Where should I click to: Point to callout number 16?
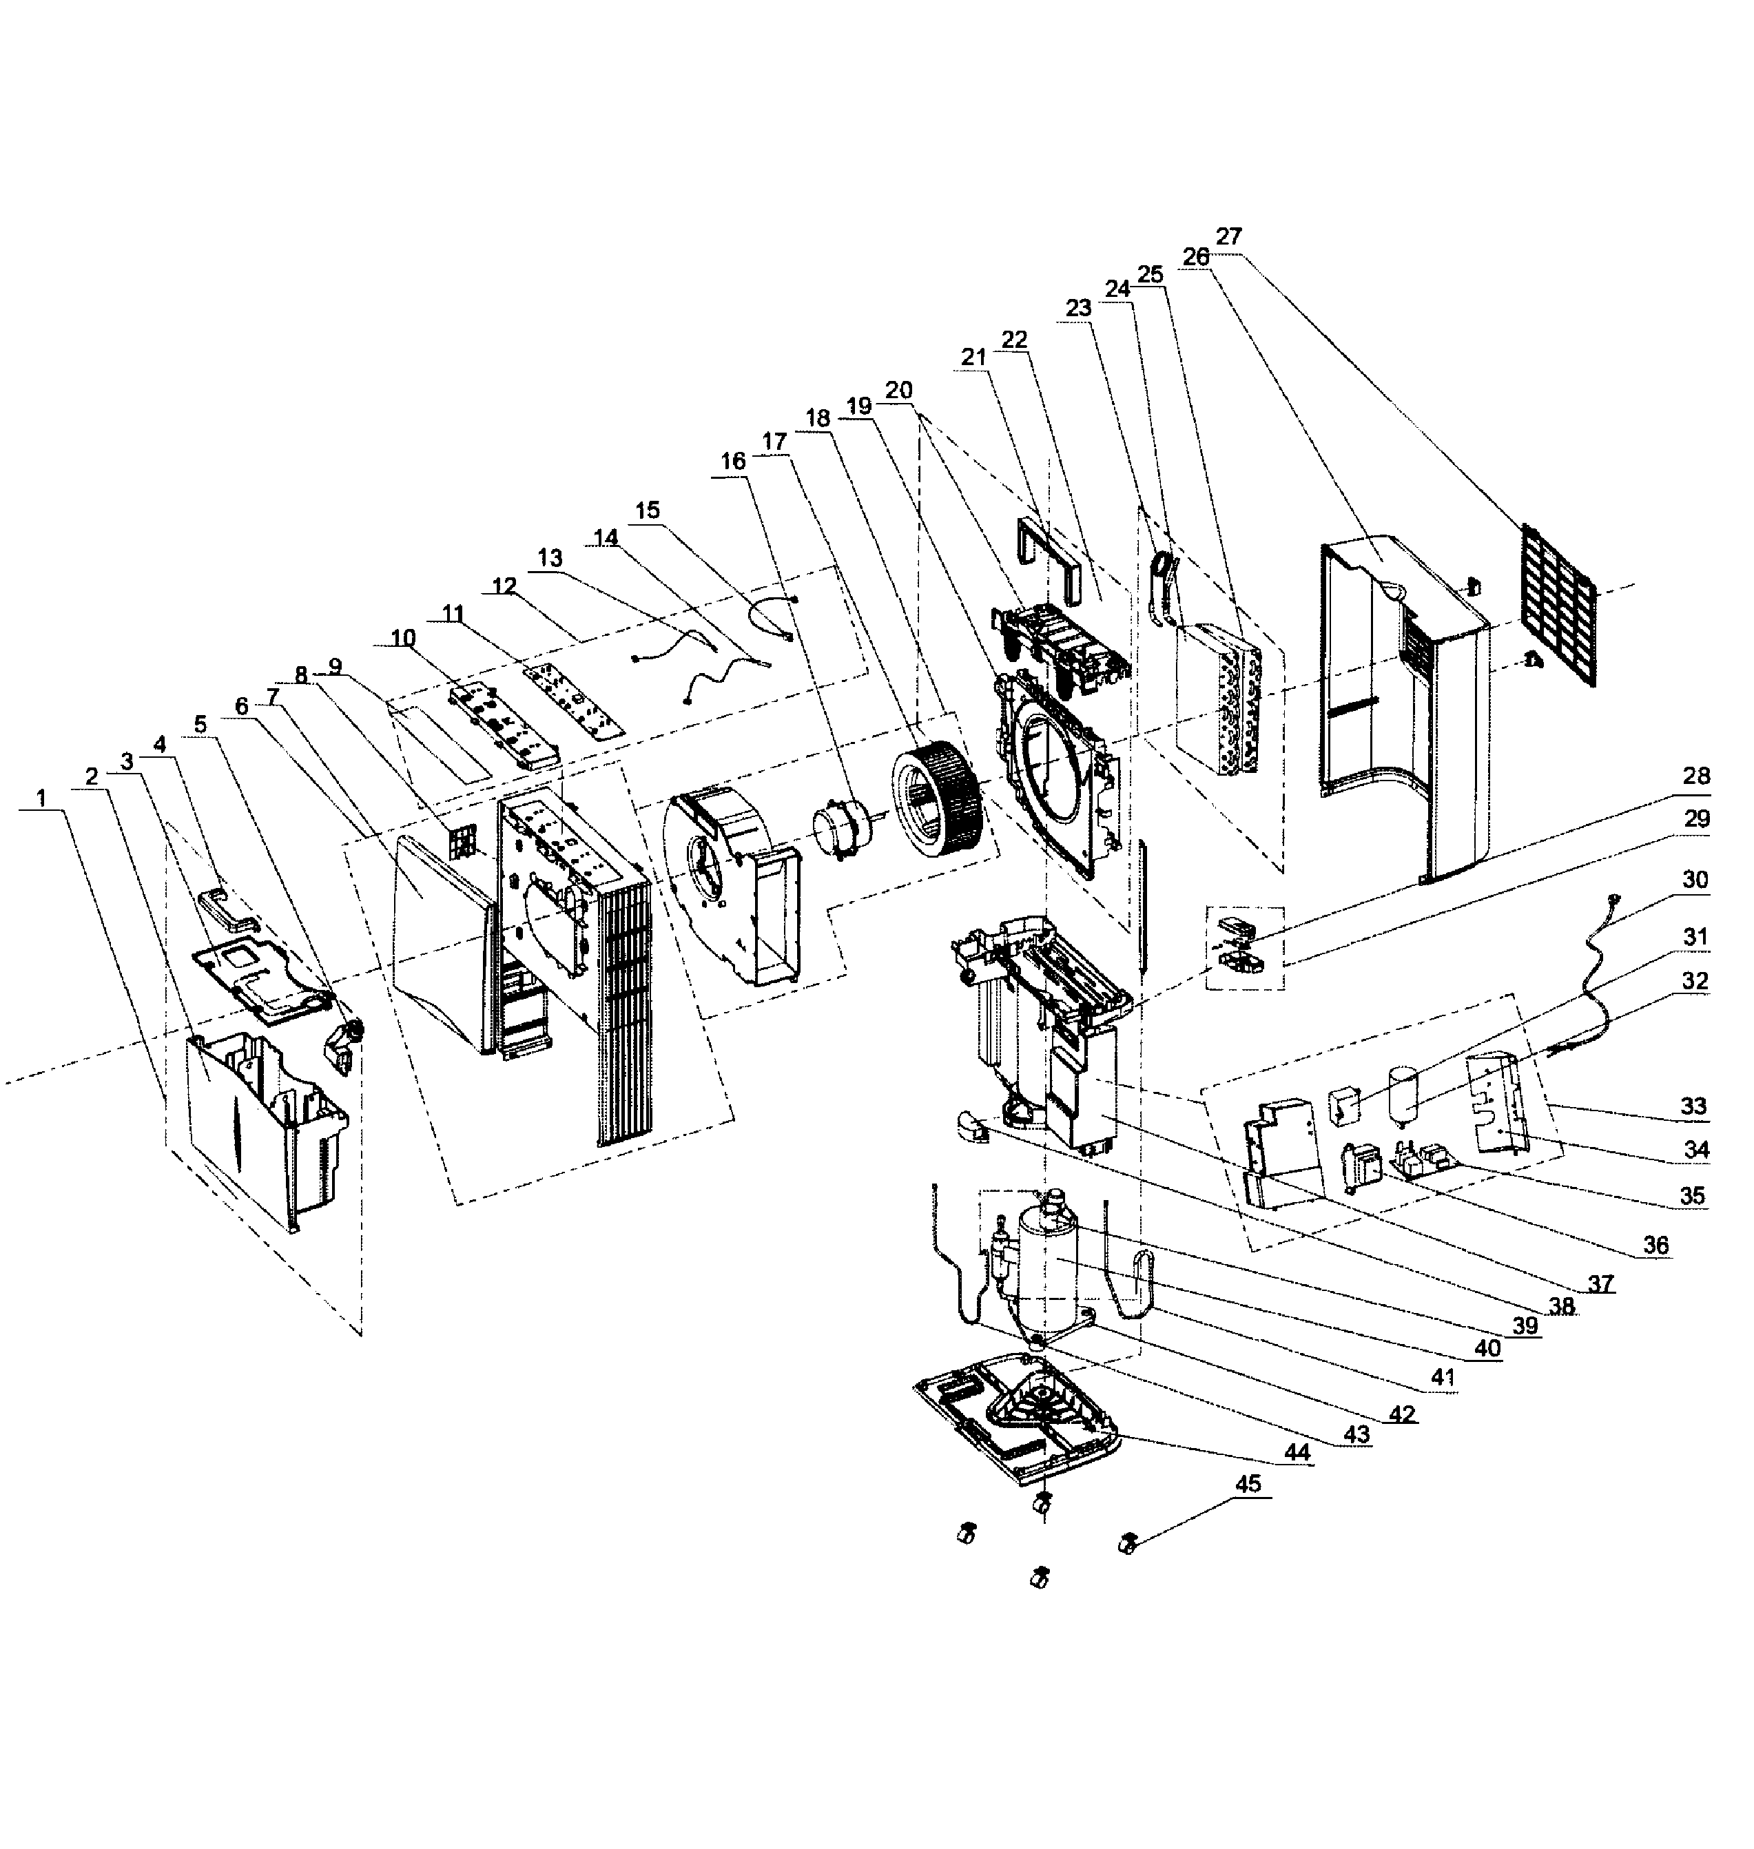pyautogui.click(x=733, y=461)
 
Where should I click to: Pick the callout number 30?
pyautogui.click(x=1694, y=880)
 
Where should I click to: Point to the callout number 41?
pyautogui.click(x=1443, y=1376)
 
